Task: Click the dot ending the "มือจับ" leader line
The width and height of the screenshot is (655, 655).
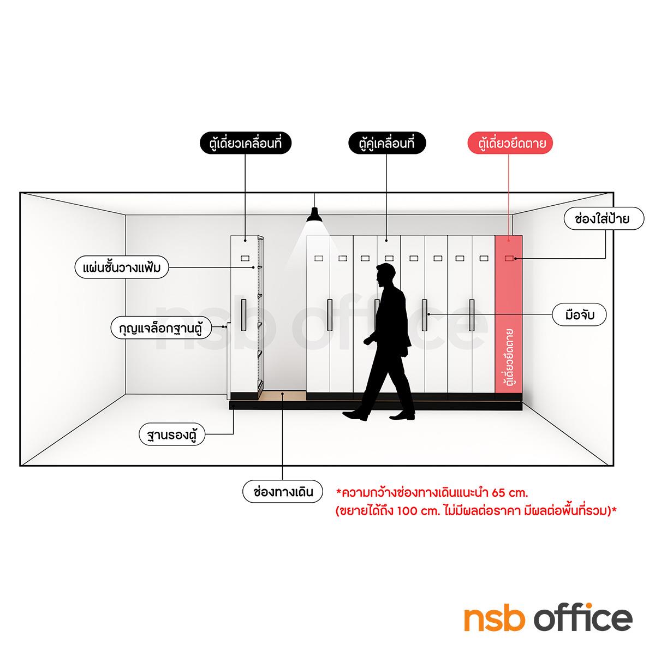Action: (428, 314)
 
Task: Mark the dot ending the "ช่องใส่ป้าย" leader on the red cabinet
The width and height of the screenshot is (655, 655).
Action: (515, 259)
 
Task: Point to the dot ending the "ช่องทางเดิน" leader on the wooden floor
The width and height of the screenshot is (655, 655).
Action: (283, 394)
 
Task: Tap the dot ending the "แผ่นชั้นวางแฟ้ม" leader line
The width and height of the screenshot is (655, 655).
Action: (253, 267)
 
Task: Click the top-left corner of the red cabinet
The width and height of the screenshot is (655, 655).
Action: (495, 236)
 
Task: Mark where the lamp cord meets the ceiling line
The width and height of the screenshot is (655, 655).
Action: (315, 193)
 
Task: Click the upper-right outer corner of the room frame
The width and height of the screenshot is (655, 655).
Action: (614, 192)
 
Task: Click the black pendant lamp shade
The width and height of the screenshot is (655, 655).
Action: (314, 215)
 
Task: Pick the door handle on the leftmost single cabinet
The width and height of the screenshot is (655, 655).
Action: (243, 315)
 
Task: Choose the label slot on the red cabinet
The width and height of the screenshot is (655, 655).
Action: (509, 259)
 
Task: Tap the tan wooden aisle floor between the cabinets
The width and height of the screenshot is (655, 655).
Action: (282, 395)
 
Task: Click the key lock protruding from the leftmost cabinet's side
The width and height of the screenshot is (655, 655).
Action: (225, 326)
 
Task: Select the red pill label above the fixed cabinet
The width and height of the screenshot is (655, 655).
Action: (510, 143)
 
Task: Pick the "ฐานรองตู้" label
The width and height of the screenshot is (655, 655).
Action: (172, 434)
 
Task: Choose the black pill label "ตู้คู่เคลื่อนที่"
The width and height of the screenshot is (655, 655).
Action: (387, 143)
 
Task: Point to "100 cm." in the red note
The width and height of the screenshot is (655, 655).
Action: (418, 511)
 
